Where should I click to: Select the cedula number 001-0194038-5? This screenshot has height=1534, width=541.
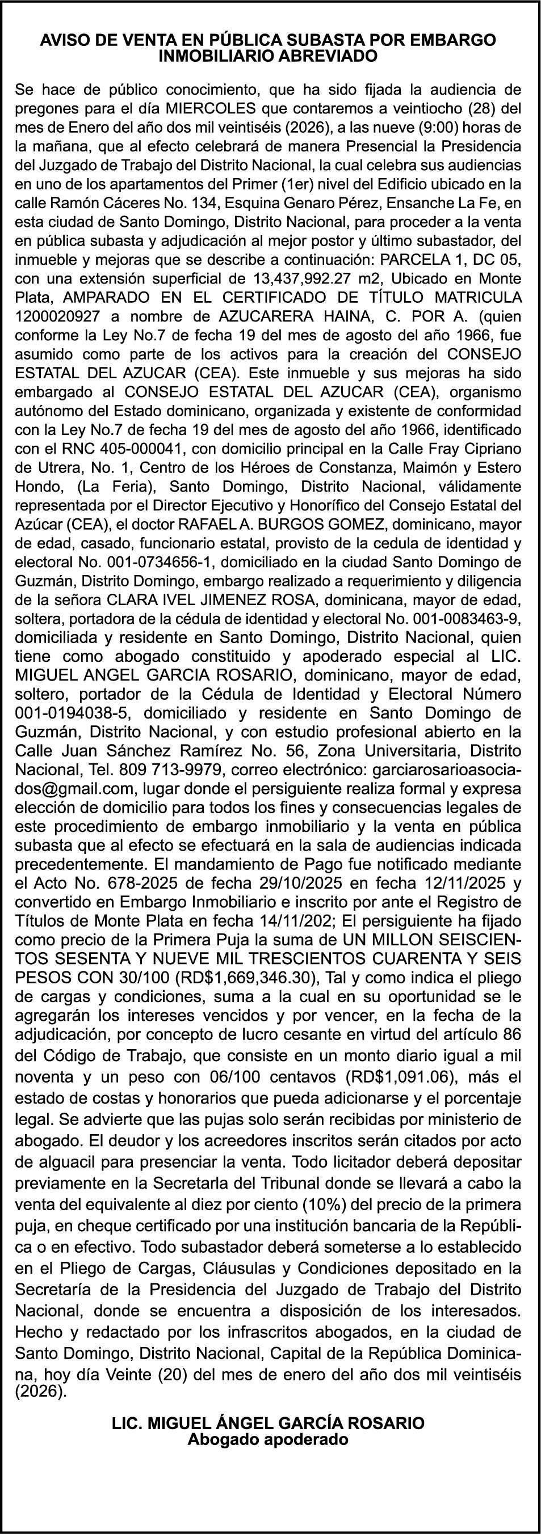[74, 713]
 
